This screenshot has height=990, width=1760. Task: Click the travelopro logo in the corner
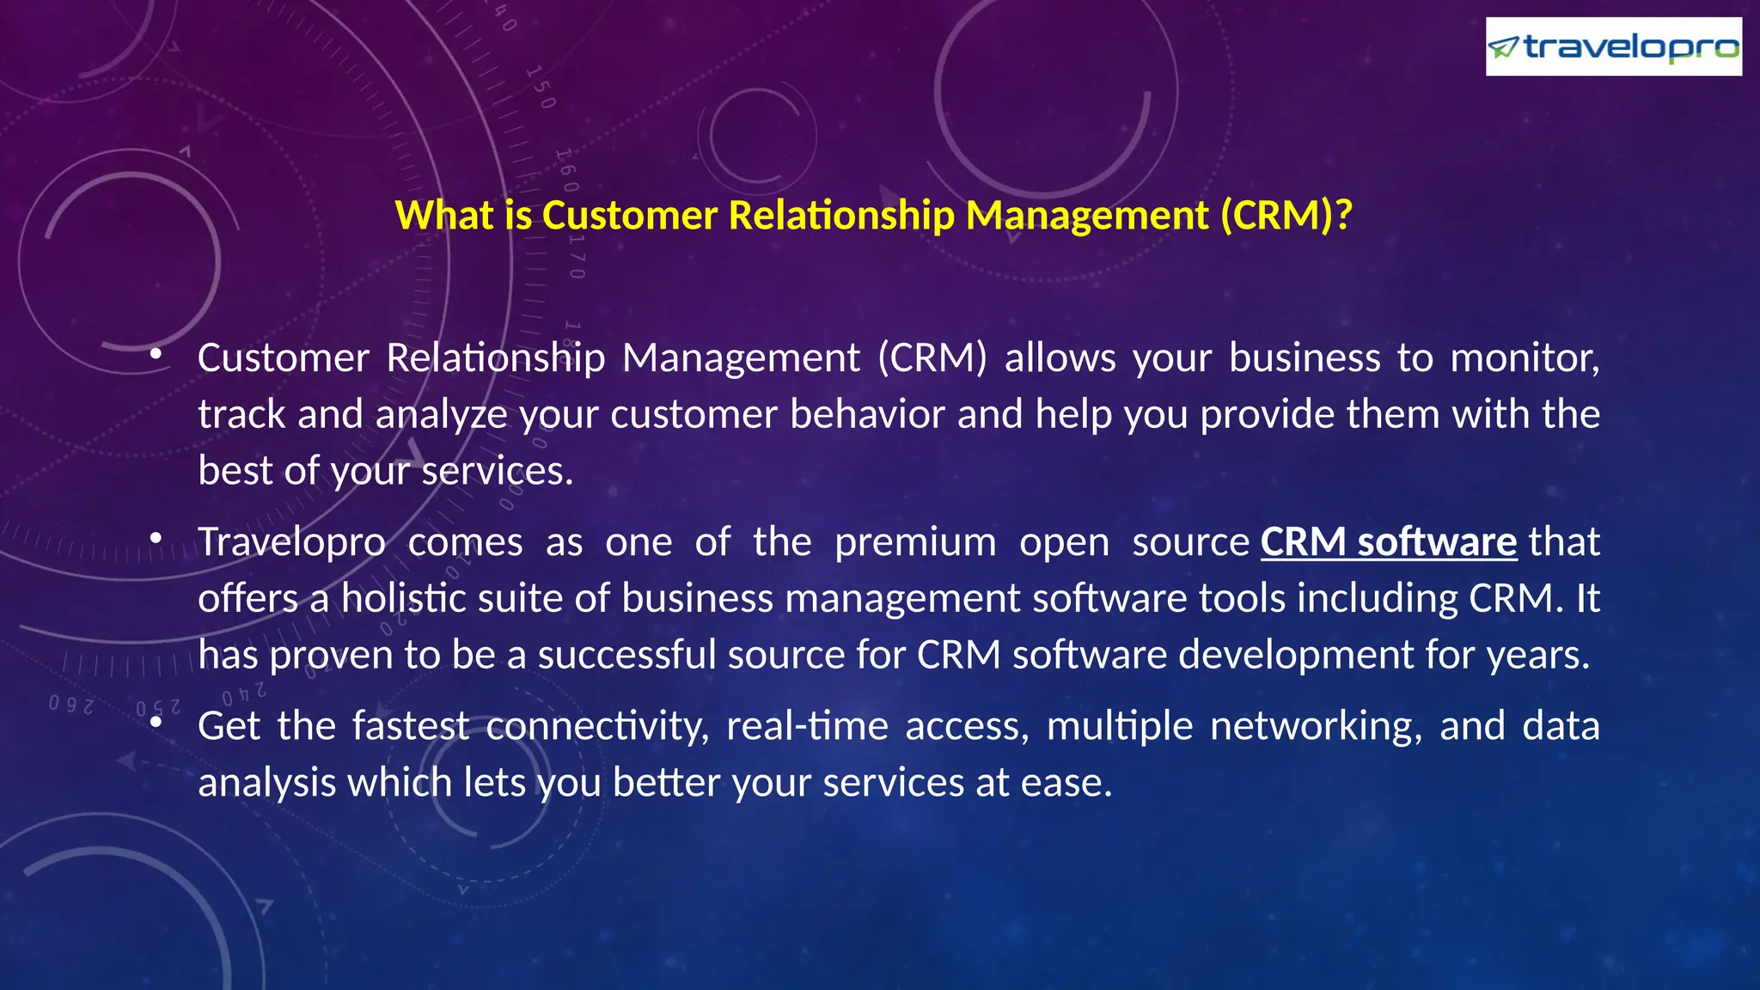pos(1613,46)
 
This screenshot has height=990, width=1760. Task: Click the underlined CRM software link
pos(1388,542)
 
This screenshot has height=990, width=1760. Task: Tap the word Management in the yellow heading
pos(1087,215)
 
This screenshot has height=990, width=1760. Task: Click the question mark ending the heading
pos(1344,215)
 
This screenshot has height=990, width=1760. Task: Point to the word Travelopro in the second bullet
pos(291,542)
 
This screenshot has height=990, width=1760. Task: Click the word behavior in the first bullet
pos(867,415)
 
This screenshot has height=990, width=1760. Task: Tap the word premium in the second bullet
pos(915,542)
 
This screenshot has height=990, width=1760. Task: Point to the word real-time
pos(807,726)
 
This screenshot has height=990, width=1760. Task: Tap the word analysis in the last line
pos(266,783)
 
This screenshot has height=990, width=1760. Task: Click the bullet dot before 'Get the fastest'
pos(156,723)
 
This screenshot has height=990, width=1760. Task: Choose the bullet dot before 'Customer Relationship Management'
pos(156,354)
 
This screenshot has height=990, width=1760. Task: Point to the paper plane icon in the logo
pos(1503,48)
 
